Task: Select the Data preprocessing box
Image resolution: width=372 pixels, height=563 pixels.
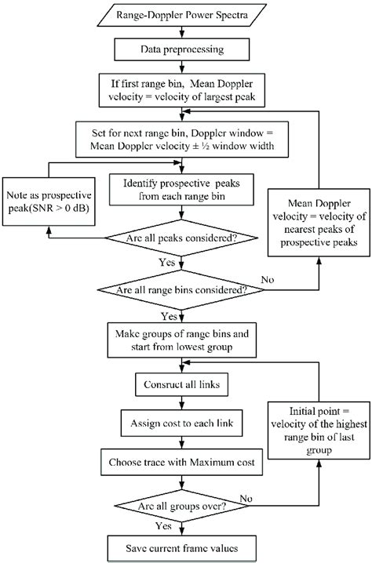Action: pos(182,50)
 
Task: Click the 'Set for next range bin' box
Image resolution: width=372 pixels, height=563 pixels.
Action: pos(182,138)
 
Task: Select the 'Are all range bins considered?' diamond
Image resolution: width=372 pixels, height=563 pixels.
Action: pos(182,290)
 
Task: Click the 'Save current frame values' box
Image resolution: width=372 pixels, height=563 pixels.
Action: pos(182,548)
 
